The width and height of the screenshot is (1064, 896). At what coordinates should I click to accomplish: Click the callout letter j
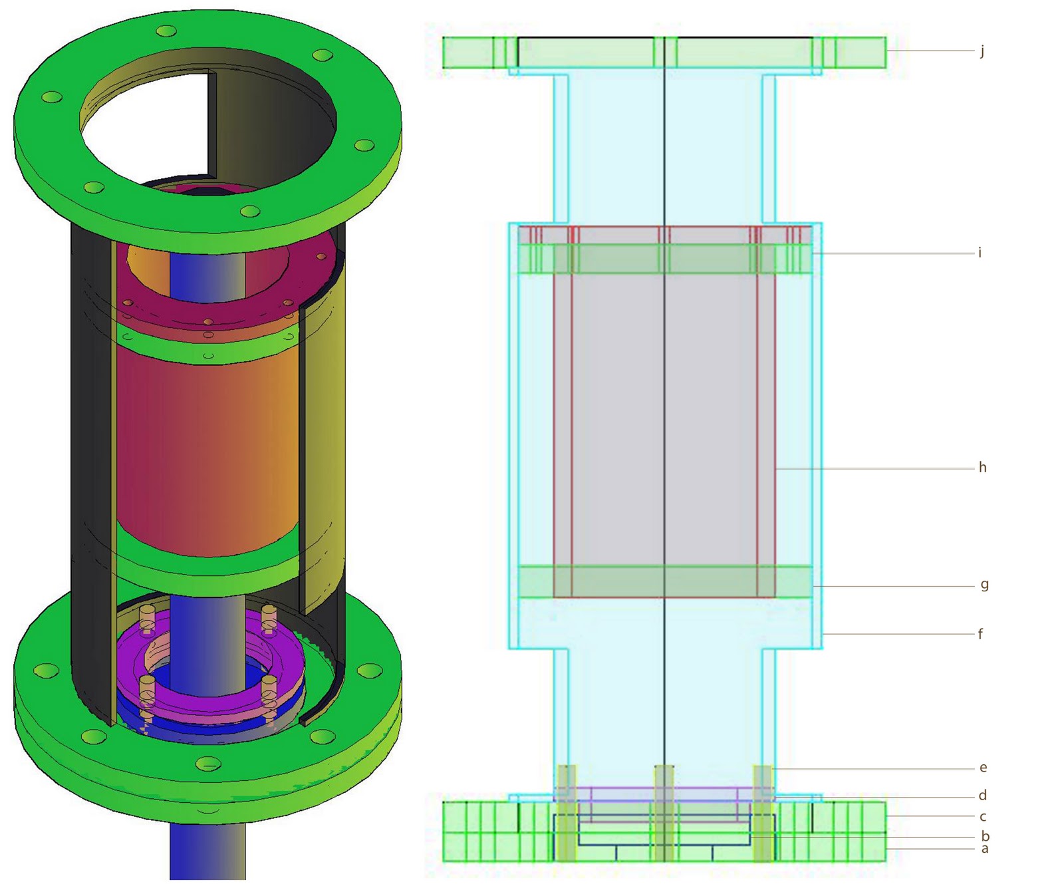pos(982,51)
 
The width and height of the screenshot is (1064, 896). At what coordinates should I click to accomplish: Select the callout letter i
pos(980,252)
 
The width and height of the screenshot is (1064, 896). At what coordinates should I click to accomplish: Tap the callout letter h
pos(982,468)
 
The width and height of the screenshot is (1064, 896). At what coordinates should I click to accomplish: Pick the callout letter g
pos(984,585)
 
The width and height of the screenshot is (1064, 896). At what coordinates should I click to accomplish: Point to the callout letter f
pos(980,634)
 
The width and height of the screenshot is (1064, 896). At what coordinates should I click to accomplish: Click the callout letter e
pos(983,768)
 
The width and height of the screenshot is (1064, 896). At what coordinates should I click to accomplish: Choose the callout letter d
pos(982,795)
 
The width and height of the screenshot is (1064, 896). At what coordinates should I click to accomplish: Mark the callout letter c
pos(982,817)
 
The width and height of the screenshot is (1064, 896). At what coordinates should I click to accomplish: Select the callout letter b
pos(985,836)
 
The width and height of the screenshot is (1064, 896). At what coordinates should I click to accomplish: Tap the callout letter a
pos(984,849)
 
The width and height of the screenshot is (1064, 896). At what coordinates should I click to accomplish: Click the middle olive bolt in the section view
pos(664,813)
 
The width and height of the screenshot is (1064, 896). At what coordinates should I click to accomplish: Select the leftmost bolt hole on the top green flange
pos(52,98)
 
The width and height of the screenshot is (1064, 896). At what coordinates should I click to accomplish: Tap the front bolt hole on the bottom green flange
pos(207,764)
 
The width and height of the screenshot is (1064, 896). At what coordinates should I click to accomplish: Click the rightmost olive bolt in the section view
pos(762,813)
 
